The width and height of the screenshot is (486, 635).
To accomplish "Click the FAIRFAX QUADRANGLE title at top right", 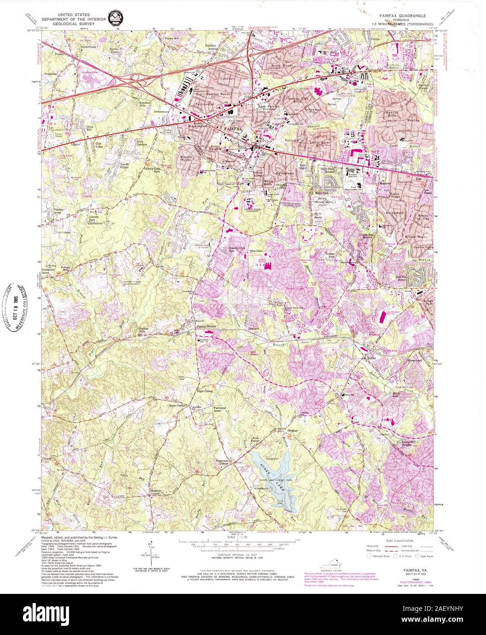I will pyautogui.click(x=403, y=16).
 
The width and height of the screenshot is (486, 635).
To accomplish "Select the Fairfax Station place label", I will pyautogui.click(x=208, y=327).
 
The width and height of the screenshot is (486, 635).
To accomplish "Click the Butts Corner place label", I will pyautogui.click(x=177, y=406).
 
